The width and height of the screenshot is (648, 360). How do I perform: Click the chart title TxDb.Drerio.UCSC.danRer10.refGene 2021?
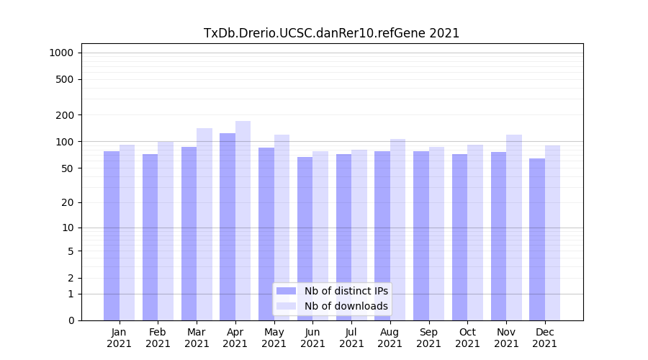click(x=331, y=33)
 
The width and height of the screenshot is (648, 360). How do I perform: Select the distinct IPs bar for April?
click(x=228, y=227)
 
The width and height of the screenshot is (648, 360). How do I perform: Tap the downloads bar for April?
click(x=243, y=220)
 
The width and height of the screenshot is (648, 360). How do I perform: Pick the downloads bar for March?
click(x=204, y=224)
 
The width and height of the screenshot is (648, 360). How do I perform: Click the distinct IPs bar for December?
click(x=537, y=239)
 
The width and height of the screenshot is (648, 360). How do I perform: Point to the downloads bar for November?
click(x=514, y=228)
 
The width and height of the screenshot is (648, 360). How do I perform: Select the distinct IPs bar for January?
click(x=112, y=235)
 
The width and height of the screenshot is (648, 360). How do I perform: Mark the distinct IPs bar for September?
click(x=421, y=235)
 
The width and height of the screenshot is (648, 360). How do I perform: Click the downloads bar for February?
click(x=166, y=230)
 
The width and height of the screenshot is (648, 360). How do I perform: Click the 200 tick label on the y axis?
click(x=65, y=115)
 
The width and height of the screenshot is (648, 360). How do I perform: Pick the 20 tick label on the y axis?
click(x=67, y=202)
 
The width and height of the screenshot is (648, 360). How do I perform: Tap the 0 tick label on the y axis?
click(x=71, y=320)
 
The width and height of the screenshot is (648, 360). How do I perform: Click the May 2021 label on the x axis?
click(x=274, y=338)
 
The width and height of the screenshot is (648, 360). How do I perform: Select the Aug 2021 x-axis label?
click(x=390, y=338)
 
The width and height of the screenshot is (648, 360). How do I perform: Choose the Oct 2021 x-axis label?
click(x=467, y=338)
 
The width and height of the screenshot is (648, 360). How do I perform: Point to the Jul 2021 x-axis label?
click(x=351, y=338)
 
